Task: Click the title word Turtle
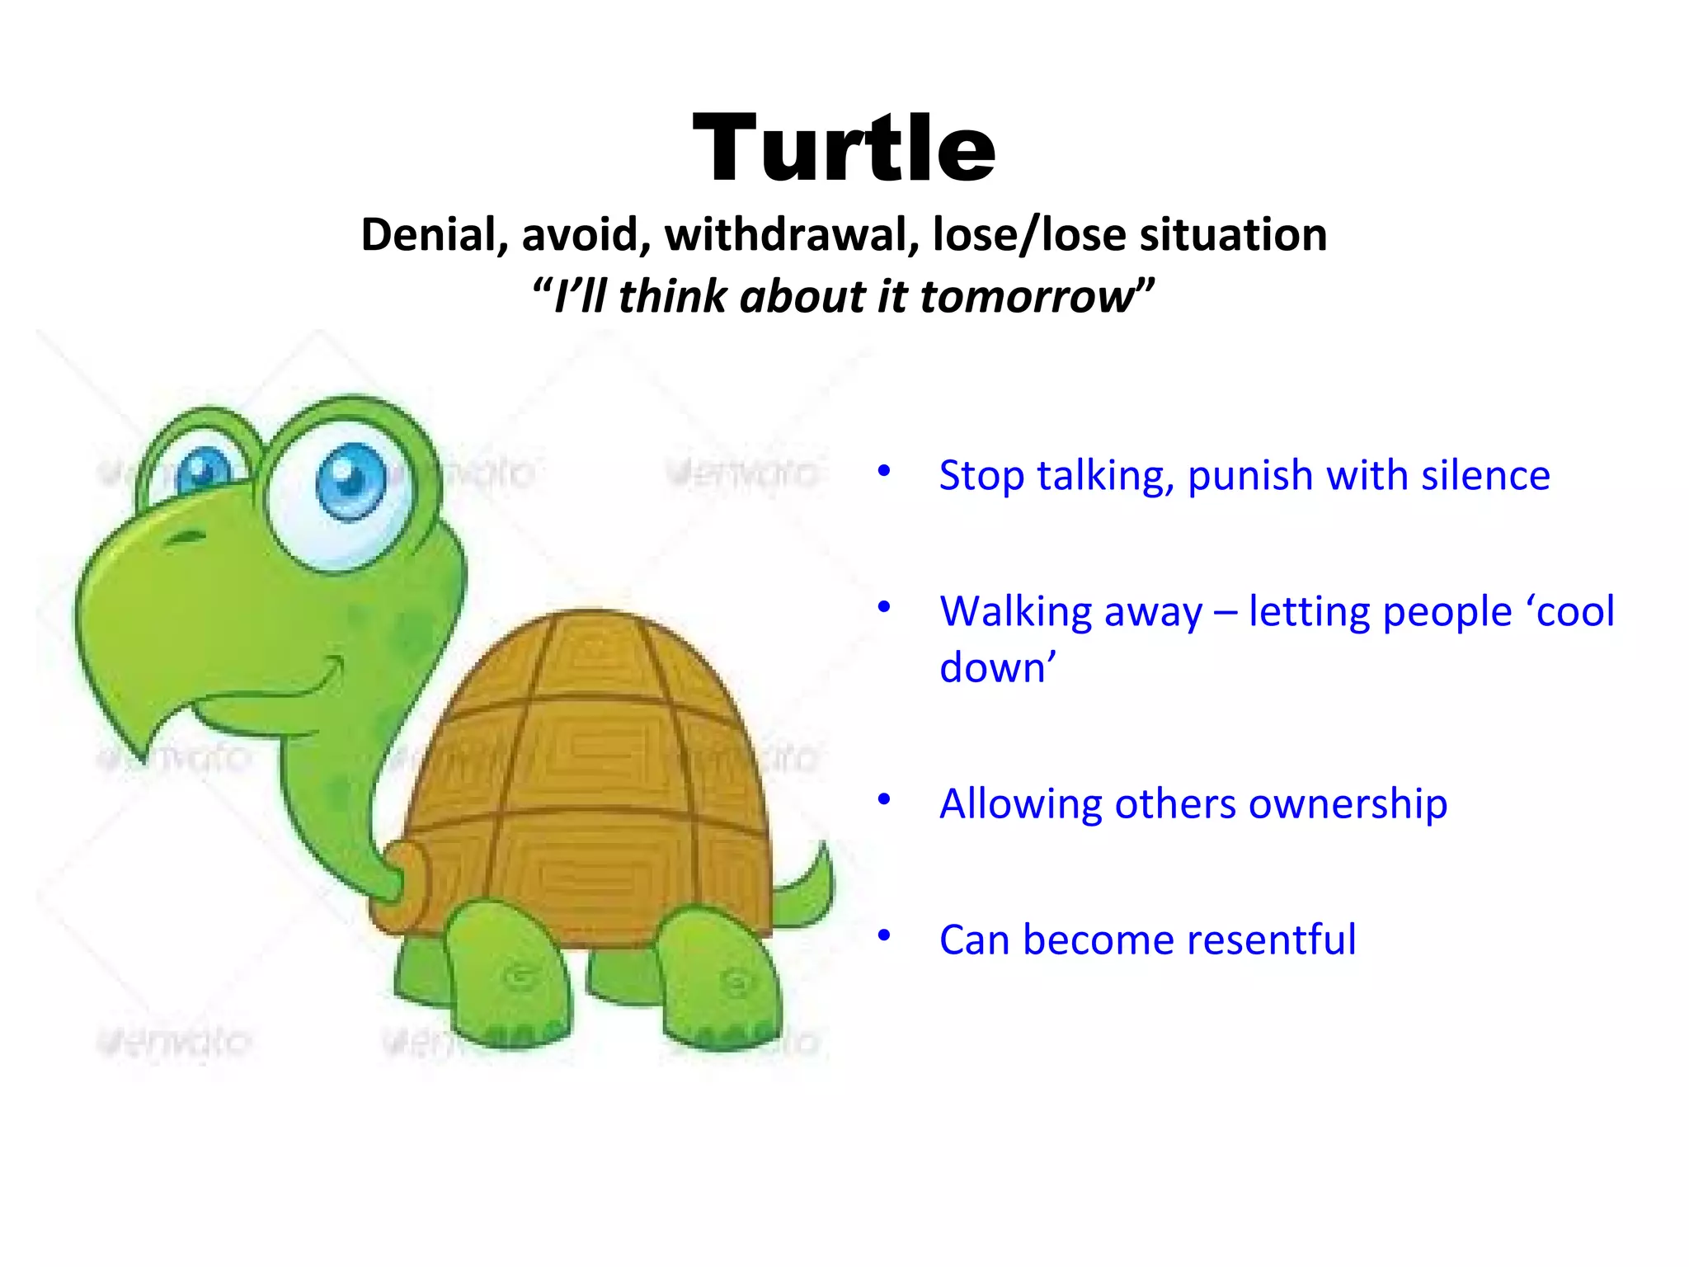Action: (x=844, y=149)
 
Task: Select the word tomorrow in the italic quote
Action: (x=1027, y=297)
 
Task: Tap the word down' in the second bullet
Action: (x=997, y=667)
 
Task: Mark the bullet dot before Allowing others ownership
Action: (x=884, y=799)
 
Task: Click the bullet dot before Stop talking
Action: (x=884, y=471)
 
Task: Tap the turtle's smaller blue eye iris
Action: (x=203, y=469)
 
